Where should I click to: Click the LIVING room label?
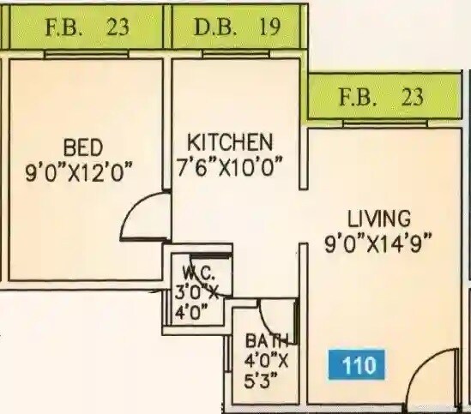pos(379,218)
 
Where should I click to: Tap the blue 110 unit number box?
pos(359,365)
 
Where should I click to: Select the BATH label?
pos(263,339)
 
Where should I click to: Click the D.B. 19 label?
pos(237,27)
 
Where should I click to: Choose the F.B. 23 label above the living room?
pos(381,97)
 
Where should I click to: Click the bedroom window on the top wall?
pos(86,54)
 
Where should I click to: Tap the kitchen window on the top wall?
pos(236,54)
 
